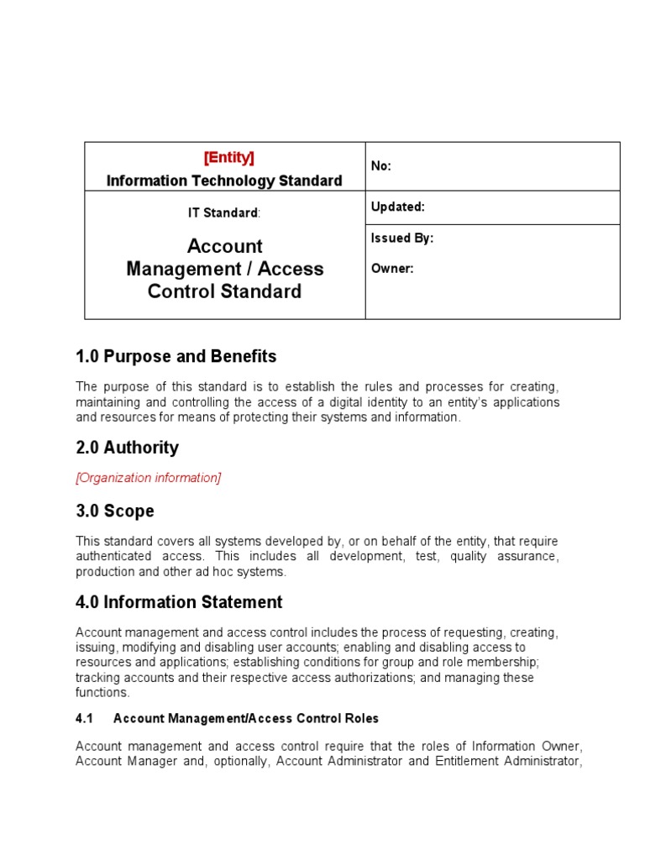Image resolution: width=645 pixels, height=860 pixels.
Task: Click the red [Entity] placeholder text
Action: point(228,158)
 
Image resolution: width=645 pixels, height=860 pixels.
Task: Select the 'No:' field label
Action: point(381,166)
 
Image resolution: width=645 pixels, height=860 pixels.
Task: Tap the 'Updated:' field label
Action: point(397,207)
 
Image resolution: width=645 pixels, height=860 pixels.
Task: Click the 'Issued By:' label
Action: point(401,239)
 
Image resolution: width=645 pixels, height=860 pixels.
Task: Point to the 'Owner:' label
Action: point(391,269)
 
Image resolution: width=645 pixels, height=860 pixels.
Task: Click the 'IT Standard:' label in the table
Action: point(224,213)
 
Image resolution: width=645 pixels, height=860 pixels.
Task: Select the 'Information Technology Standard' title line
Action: point(224,181)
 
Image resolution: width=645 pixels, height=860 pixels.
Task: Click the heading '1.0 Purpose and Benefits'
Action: point(176,356)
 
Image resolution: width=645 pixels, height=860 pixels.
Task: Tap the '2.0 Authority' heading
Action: point(127,448)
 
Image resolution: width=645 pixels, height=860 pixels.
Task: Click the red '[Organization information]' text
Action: point(149,478)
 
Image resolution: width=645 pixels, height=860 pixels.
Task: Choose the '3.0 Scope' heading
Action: point(115,511)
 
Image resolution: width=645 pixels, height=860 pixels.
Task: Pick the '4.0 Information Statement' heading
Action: point(179,602)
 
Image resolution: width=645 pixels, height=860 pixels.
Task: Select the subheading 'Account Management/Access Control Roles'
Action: point(246,718)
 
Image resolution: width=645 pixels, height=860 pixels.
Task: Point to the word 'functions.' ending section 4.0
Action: point(102,693)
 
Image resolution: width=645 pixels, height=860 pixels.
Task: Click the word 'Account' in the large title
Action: point(224,246)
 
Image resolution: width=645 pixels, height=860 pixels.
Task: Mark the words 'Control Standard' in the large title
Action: point(224,291)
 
